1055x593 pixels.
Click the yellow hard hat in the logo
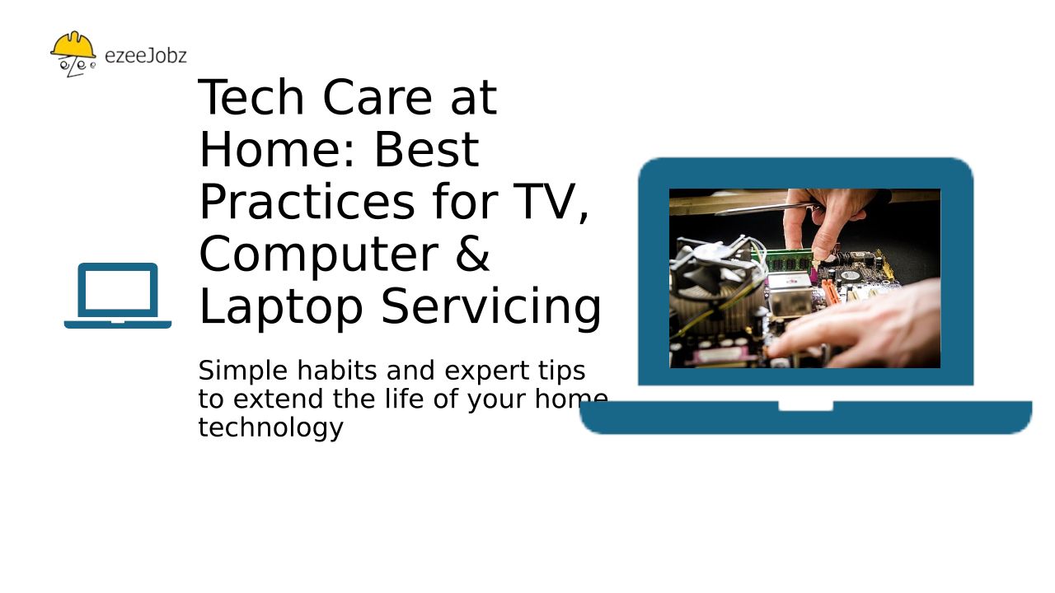click(x=73, y=45)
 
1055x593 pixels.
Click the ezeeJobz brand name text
click(x=146, y=55)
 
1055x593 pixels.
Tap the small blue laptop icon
click(x=118, y=296)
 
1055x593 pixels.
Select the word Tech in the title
click(x=251, y=97)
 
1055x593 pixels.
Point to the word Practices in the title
click(x=307, y=202)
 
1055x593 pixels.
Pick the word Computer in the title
click(x=319, y=255)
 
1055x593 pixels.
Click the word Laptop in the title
click(x=281, y=307)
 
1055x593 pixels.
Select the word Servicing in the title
click(x=490, y=307)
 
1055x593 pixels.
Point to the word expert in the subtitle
click(x=487, y=371)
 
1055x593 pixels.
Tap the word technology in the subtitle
click(x=271, y=428)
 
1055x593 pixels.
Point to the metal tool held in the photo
click(x=767, y=208)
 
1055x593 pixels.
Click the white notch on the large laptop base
click(x=805, y=406)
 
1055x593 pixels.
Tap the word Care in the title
click(x=377, y=97)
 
